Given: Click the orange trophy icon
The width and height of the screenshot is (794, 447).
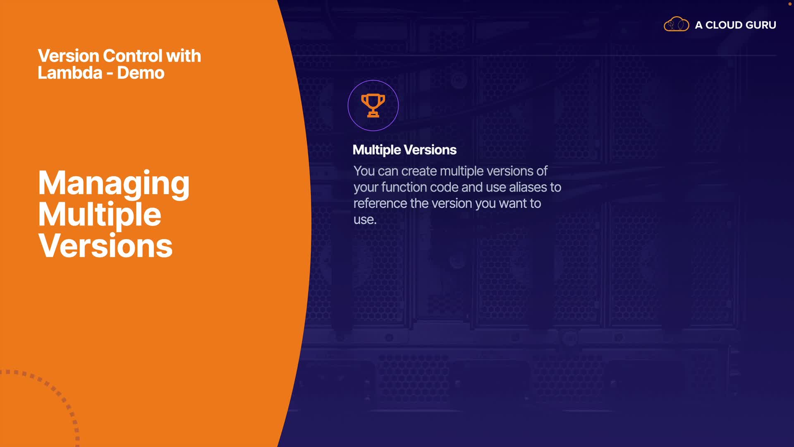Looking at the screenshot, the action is coord(373,106).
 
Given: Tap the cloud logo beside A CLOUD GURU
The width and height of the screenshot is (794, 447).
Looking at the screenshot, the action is coord(676,24).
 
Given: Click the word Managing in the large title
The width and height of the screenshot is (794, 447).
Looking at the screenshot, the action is coord(114,183).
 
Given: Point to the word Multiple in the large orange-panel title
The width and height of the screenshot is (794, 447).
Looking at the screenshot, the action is coord(100,214).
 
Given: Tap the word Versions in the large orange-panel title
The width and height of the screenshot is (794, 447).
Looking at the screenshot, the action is coord(105,245).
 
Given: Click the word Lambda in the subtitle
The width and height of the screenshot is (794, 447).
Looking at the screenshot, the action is coord(70,73).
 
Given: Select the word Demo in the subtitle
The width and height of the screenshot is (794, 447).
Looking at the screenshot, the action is coord(141,73).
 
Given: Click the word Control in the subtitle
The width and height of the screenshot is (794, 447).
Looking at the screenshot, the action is coord(132,56).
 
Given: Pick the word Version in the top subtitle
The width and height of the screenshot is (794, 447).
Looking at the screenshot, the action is coord(69,56).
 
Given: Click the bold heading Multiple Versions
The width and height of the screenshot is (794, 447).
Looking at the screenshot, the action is coord(404,150).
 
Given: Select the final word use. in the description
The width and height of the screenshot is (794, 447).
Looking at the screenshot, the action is coord(365,220).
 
